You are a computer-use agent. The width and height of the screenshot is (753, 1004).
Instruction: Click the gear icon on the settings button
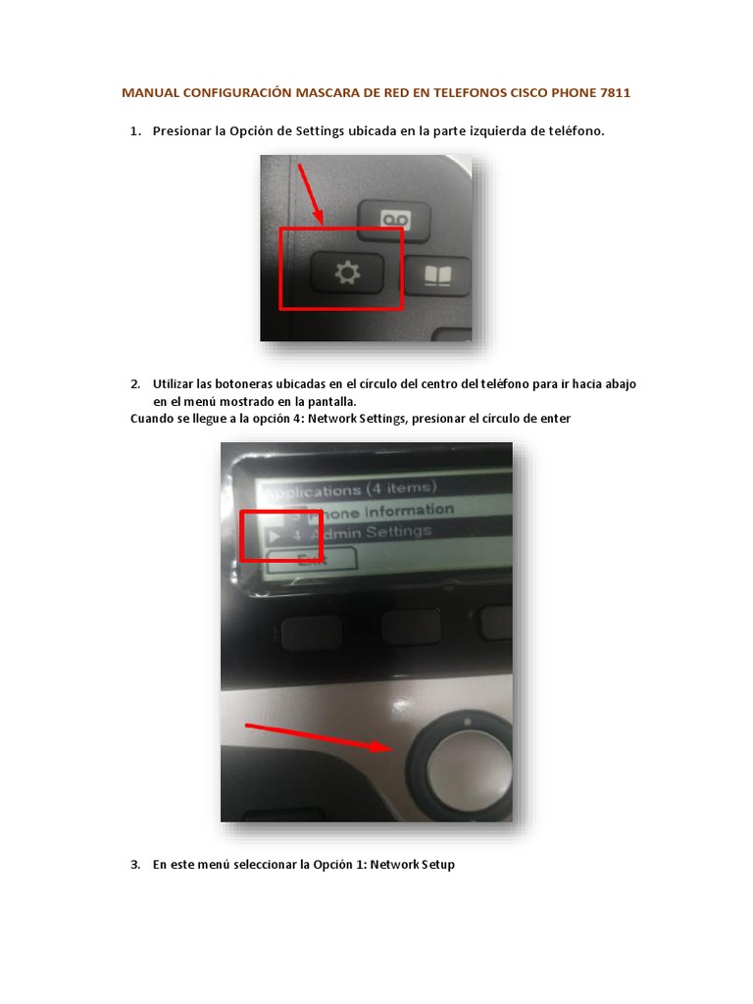pyautogui.click(x=346, y=275)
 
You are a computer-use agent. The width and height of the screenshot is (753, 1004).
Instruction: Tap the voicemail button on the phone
pyautogui.click(x=394, y=218)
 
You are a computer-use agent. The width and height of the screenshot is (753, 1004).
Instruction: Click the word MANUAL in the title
pyautogui.click(x=148, y=94)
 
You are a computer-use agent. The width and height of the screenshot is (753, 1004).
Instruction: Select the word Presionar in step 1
pyautogui.click(x=182, y=131)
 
